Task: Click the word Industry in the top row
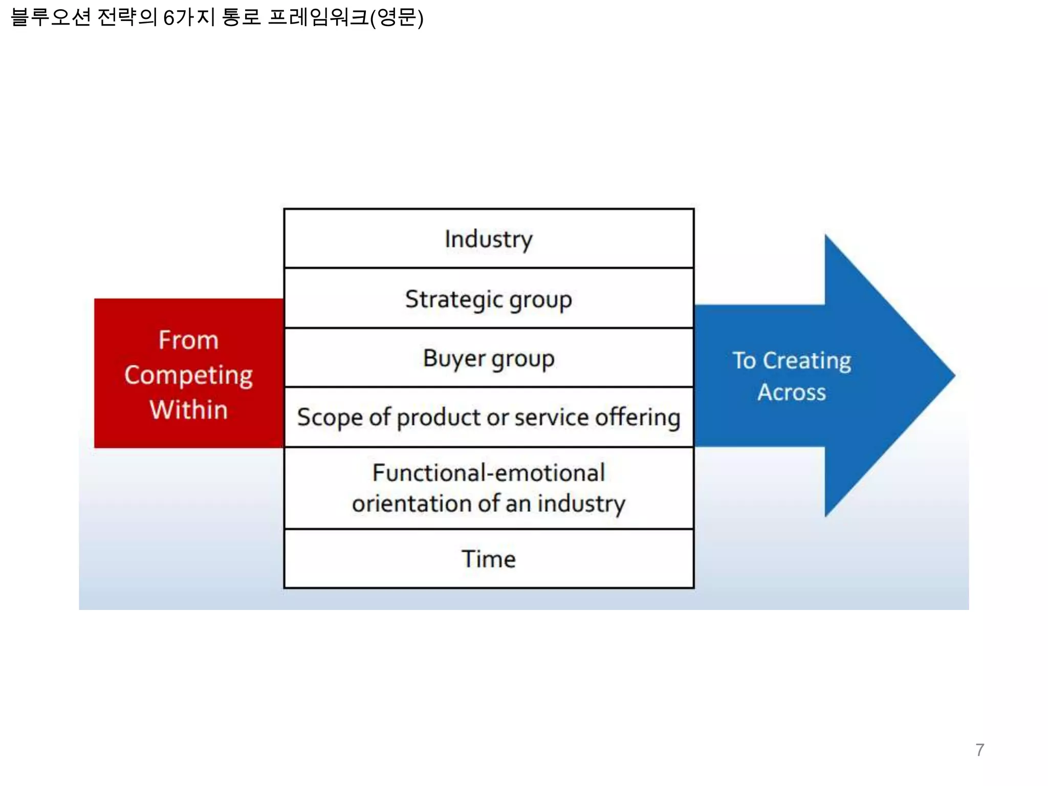[x=488, y=239]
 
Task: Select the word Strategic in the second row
[x=453, y=299]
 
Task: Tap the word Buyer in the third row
[x=453, y=358]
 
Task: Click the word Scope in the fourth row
[x=330, y=418]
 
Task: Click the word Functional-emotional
[x=488, y=472]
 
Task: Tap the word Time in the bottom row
[x=488, y=559]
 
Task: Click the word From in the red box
[x=188, y=340]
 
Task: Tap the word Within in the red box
[x=188, y=410]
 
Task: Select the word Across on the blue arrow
[x=791, y=392]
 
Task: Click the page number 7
[x=979, y=750]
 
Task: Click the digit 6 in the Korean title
[x=168, y=18]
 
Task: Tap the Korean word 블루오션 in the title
[x=50, y=17]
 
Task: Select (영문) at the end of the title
[x=397, y=18]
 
